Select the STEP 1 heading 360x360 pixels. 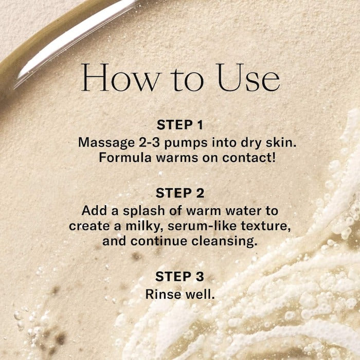pos(180,125)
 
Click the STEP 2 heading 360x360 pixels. pos(180,193)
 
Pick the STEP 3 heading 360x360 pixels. pos(180,277)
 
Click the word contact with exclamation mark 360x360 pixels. pos(249,157)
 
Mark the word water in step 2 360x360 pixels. pos(244,210)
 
